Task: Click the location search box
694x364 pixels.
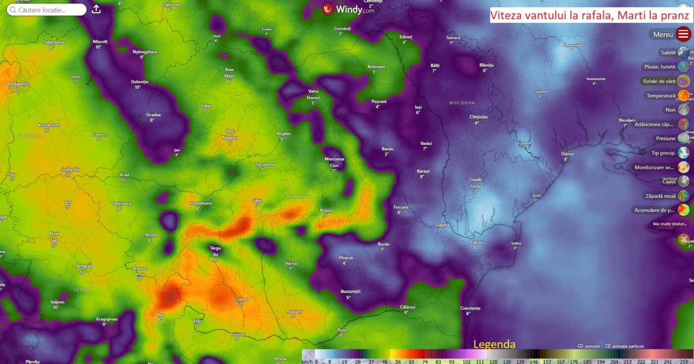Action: click(x=47, y=9)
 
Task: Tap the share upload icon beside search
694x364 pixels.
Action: click(x=96, y=9)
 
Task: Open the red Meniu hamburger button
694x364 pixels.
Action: click(x=683, y=34)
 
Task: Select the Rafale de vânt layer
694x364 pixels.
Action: click(x=683, y=81)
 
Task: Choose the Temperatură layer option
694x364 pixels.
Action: click(x=683, y=95)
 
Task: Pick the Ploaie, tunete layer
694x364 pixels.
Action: click(x=683, y=66)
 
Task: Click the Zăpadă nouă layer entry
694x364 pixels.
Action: click(x=683, y=196)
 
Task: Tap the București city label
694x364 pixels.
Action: click(x=350, y=292)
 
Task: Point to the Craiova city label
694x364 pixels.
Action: click(x=241, y=300)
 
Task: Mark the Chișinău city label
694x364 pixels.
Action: click(x=479, y=117)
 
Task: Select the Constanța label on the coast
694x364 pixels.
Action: click(x=470, y=308)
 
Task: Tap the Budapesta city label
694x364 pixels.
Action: click(x=19, y=84)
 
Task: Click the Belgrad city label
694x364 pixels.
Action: click(x=84, y=266)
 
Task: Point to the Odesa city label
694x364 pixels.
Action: click(x=567, y=154)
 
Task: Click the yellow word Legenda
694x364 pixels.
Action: click(x=494, y=344)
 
